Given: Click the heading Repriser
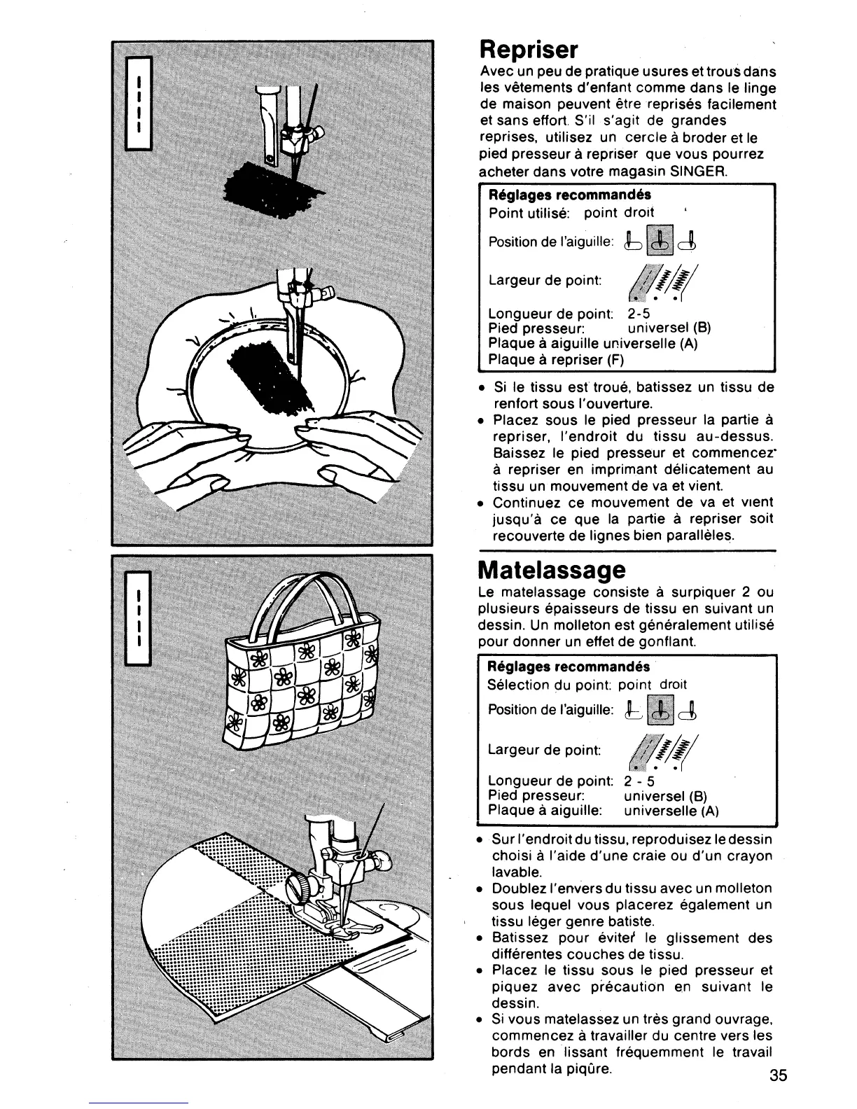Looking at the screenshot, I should coord(529,50).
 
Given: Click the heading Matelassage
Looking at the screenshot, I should coord(552,569).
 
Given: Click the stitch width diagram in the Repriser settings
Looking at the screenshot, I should coord(654,280).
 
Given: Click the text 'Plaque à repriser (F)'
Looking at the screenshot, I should coord(555,360).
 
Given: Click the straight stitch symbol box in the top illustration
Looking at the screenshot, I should coord(138,103).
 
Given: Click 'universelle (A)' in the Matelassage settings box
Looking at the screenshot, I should coord(671,811).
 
